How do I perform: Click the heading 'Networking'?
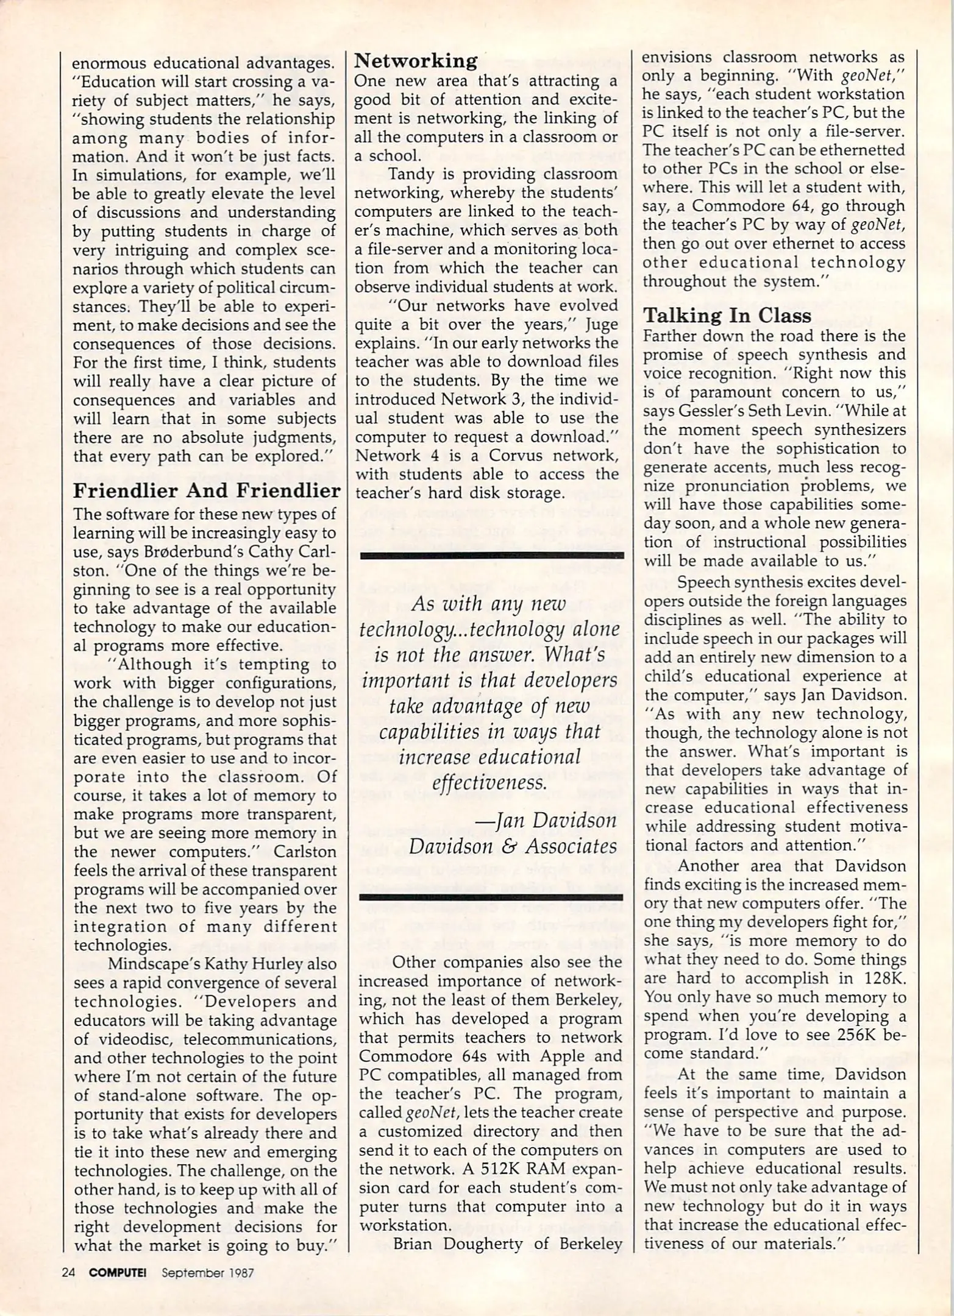[x=416, y=60]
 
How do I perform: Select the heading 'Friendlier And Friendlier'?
[x=207, y=490]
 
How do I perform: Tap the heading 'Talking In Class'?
[x=727, y=315]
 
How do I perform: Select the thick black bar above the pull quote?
[x=492, y=555]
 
